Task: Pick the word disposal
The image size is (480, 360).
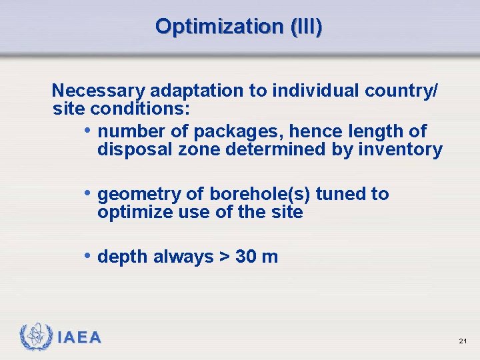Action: coord(135,149)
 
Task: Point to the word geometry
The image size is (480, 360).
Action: coord(138,194)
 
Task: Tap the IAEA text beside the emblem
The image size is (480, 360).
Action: coord(79,338)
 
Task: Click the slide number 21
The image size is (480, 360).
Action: coord(463,341)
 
